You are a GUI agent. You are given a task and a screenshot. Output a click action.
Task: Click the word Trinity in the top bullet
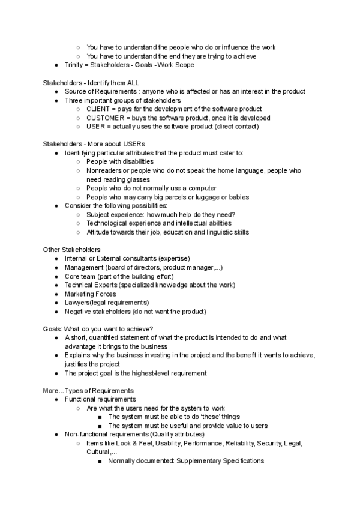click(76, 65)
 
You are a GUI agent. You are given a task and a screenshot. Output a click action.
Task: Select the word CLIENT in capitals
click(98, 109)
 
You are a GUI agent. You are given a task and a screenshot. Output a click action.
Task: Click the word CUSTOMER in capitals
click(106, 118)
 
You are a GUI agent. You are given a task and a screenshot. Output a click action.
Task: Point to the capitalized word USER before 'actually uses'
click(96, 127)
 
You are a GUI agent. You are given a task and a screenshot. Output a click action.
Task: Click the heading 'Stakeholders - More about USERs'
click(94, 144)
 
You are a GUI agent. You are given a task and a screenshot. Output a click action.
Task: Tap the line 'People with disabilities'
click(120, 161)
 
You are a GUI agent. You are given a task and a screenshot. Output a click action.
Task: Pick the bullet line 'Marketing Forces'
click(91, 294)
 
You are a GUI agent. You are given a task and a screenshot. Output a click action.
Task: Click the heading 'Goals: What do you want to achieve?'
click(98, 329)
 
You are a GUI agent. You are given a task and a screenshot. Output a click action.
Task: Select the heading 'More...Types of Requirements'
click(88, 391)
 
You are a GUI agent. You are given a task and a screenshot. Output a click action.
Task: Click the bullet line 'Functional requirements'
click(100, 399)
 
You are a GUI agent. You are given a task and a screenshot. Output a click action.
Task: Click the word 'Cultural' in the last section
click(98, 452)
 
